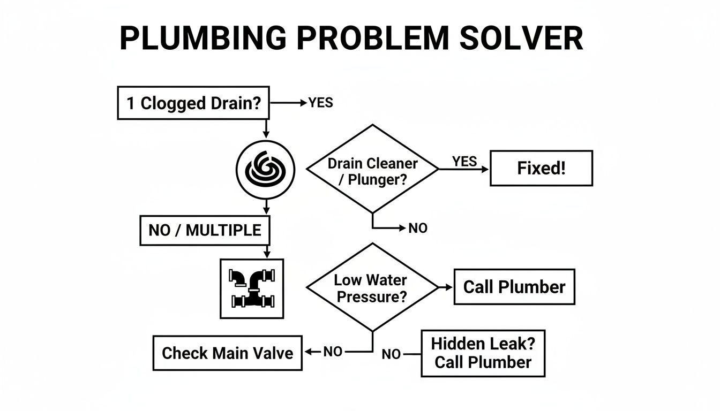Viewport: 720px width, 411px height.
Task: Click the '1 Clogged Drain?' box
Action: pos(192,103)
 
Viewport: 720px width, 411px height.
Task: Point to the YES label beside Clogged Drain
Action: pos(320,103)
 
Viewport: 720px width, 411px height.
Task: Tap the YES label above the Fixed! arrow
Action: pos(464,161)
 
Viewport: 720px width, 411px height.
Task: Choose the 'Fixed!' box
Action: pos(541,169)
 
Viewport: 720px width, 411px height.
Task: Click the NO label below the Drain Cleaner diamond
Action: pos(418,229)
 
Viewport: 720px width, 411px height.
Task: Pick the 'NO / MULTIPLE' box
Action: pos(205,230)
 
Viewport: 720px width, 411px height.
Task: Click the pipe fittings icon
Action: pos(252,288)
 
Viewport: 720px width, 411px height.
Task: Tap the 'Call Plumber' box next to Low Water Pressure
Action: pos(514,287)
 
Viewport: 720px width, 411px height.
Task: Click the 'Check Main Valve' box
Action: pos(227,353)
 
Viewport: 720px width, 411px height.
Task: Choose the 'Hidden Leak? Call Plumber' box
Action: pos(483,353)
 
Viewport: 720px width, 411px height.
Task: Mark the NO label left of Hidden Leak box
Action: pos(391,354)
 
